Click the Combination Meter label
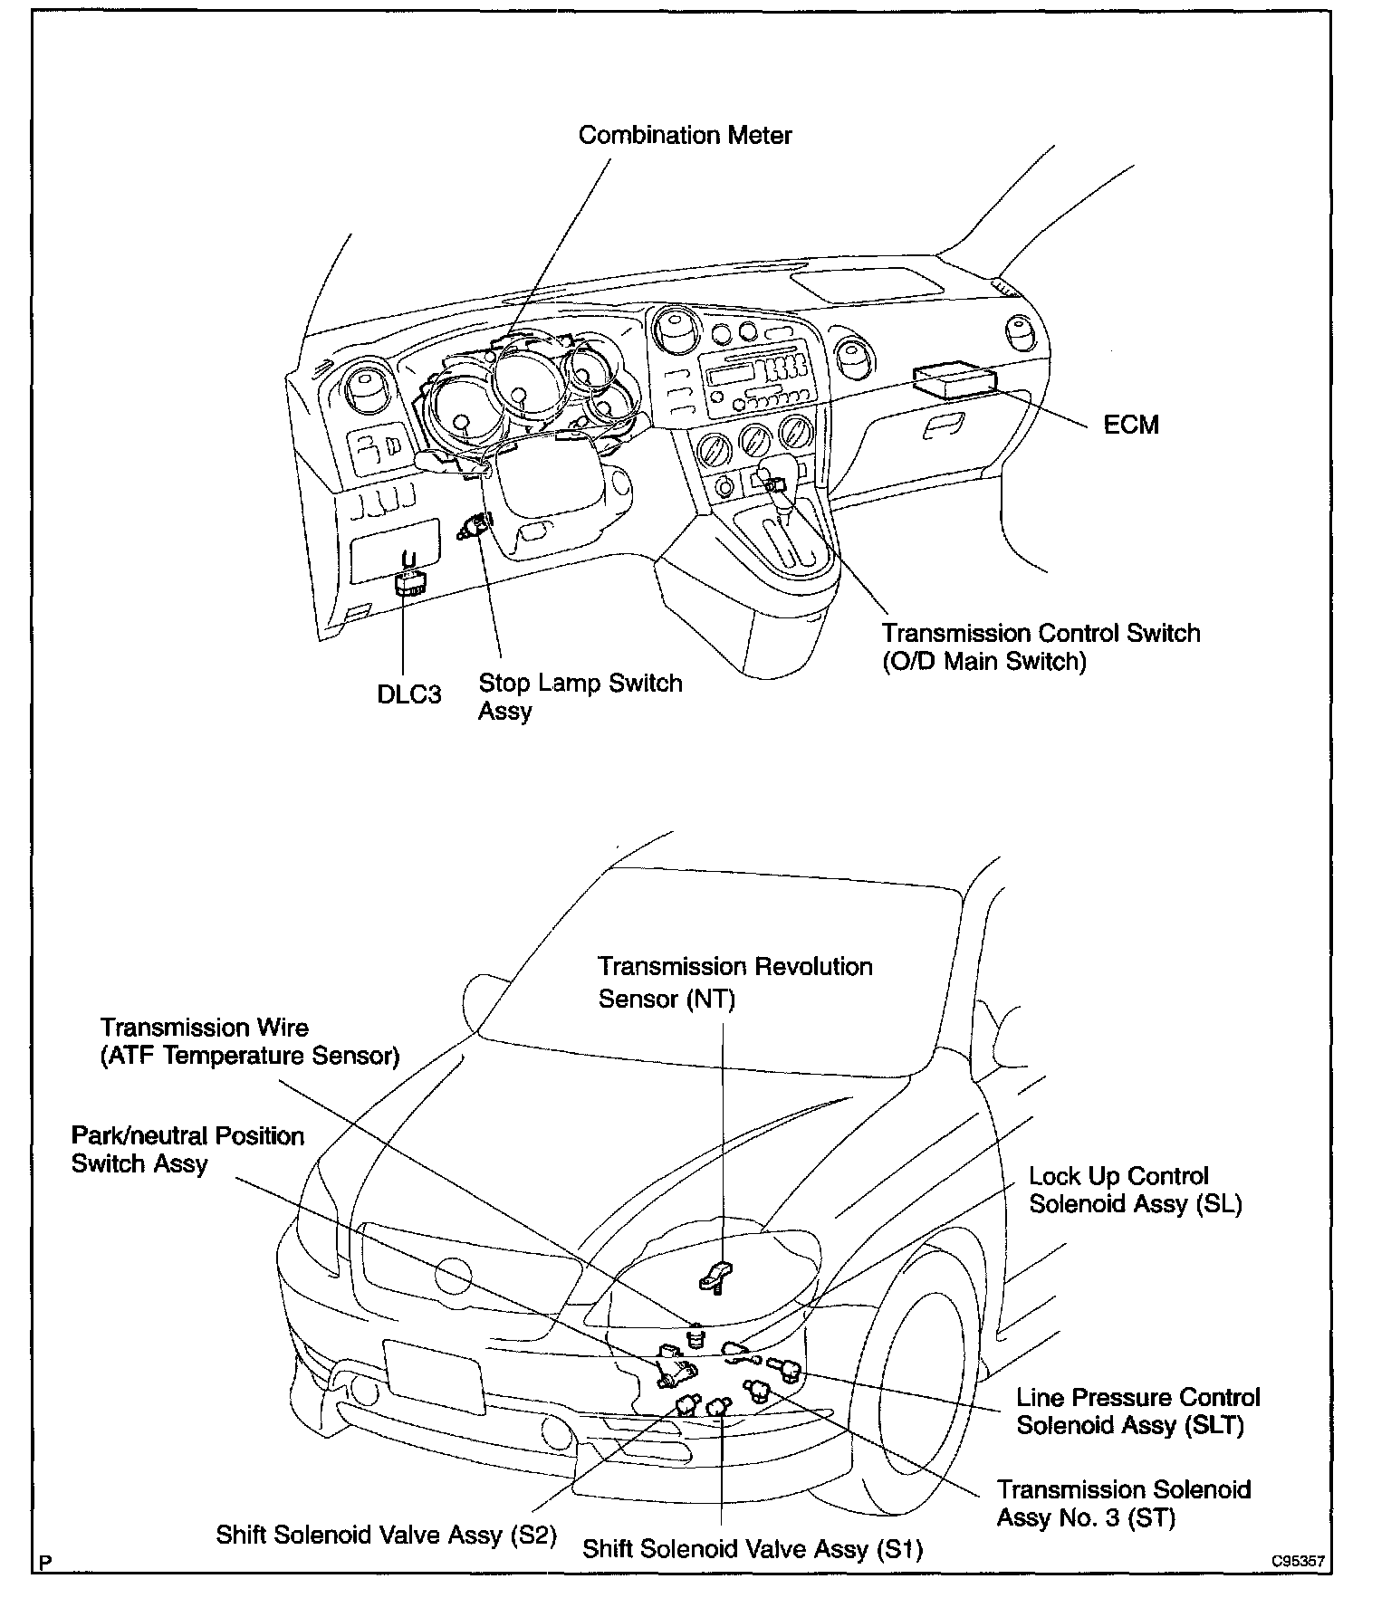685,136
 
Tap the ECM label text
1131,425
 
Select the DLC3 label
409,694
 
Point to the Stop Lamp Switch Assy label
580,696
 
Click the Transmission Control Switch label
1041,646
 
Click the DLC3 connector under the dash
411,583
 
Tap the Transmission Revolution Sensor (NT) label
734,982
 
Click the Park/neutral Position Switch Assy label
187,1150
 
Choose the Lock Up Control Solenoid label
1135,1190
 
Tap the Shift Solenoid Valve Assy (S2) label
386,1536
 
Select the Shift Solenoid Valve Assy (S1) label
752,1549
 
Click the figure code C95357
1298,1562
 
